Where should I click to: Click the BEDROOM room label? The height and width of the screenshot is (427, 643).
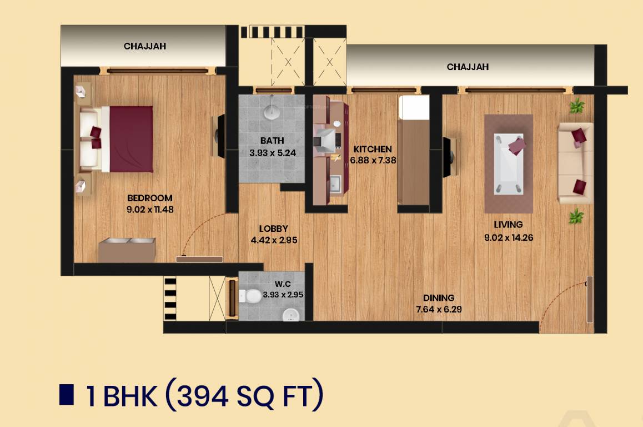pos(149,198)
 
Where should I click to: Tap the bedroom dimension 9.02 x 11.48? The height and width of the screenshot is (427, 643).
pos(149,210)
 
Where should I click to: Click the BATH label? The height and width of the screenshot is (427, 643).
pos(272,141)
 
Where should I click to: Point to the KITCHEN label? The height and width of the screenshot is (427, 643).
pos(373,149)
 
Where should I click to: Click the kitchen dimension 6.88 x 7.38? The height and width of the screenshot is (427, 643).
pos(373,160)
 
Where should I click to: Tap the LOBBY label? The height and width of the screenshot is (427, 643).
pos(273,229)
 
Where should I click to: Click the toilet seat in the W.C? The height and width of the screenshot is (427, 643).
pos(252,296)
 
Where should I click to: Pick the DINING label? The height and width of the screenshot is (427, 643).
pos(439,297)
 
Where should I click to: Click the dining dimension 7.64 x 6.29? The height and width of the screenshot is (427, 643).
pos(439,309)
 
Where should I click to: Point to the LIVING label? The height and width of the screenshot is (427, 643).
pos(508,225)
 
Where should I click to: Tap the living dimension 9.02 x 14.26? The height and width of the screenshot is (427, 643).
pos(508,237)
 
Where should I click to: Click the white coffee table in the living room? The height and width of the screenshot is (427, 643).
pos(509,164)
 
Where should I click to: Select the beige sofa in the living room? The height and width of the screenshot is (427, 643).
pos(575,163)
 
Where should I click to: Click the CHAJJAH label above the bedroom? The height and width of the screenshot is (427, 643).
pos(145,46)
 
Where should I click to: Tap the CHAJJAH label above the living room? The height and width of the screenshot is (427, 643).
pos(468,67)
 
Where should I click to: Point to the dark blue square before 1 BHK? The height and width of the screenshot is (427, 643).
pos(67,394)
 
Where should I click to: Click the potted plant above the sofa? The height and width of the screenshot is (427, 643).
pos(577,105)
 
